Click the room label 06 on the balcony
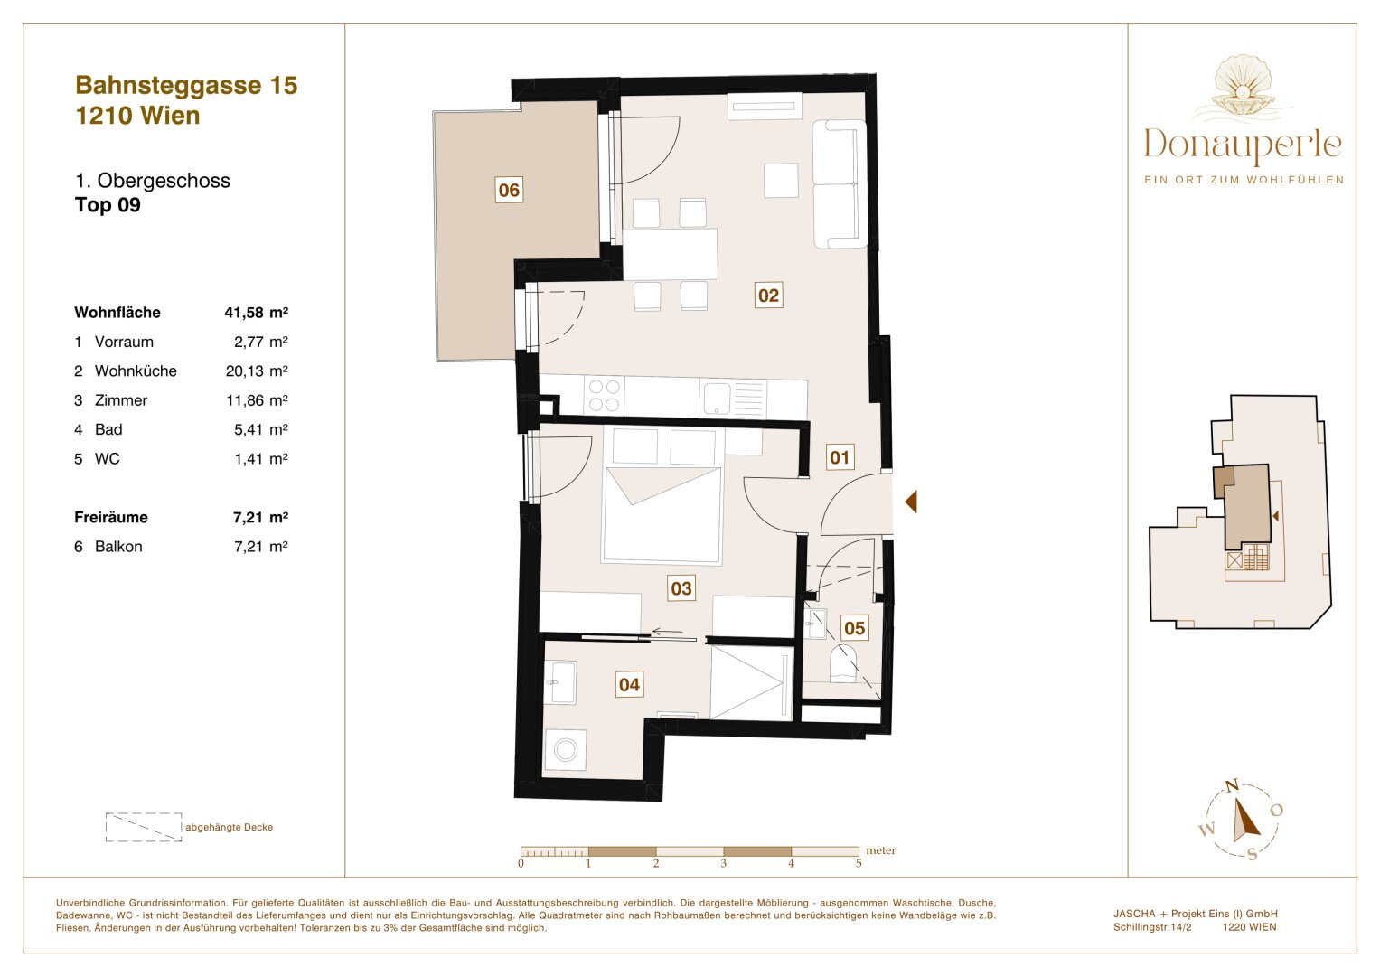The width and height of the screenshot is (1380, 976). (509, 190)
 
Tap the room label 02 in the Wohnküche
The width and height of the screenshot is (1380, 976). (768, 296)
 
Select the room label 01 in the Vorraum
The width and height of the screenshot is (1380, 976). (840, 457)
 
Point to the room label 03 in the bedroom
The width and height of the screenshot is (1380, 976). (681, 588)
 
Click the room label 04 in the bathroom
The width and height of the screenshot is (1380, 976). (629, 685)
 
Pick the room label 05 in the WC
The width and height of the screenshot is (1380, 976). (854, 628)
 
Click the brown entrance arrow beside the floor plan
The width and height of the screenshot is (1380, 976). (911, 502)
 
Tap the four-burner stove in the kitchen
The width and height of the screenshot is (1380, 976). (605, 395)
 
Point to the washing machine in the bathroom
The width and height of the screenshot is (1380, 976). (566, 749)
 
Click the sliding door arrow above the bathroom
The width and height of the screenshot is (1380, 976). (668, 632)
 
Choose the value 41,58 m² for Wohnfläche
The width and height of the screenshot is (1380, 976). (256, 313)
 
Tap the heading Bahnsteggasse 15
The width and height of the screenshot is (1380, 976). (186, 85)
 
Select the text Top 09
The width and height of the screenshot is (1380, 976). (108, 205)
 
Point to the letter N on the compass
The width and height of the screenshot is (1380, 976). (1231, 786)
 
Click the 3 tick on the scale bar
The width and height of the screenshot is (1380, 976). (723, 863)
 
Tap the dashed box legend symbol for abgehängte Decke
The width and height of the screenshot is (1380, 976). (144, 827)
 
